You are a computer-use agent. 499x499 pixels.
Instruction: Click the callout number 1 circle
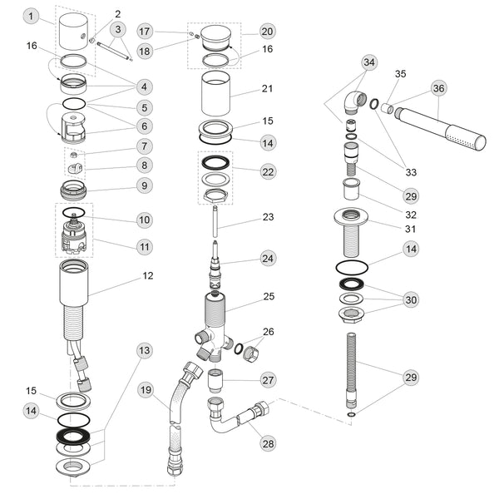point(31,17)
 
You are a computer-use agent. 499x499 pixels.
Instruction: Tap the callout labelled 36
point(438,89)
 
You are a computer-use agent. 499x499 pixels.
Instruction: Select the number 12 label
point(147,275)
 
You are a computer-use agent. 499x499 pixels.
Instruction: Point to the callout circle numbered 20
point(266,32)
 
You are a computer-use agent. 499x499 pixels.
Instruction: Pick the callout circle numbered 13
point(145,351)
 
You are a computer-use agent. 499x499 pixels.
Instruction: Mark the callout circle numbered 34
point(369,62)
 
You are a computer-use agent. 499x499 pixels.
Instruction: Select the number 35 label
point(400,74)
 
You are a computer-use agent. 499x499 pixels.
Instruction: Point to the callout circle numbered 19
point(145,390)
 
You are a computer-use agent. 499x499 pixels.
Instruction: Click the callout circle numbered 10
point(145,220)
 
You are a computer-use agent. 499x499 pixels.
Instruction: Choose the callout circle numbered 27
point(267,380)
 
